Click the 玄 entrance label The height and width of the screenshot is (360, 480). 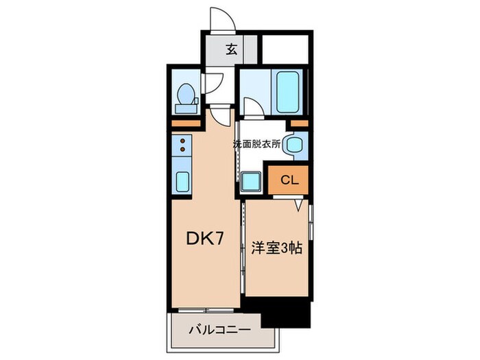click(232, 49)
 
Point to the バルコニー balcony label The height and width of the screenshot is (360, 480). click(219, 330)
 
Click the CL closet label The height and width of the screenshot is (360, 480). click(288, 180)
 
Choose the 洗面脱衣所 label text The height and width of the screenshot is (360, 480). click(256, 145)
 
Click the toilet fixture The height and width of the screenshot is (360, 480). click(185, 97)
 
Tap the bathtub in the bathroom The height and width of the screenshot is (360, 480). click(286, 91)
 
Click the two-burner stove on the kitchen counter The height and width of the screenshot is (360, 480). click(183, 145)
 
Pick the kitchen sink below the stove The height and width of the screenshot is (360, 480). click(183, 182)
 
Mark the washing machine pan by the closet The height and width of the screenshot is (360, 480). click(251, 181)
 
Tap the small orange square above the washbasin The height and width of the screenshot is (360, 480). click(298, 123)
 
